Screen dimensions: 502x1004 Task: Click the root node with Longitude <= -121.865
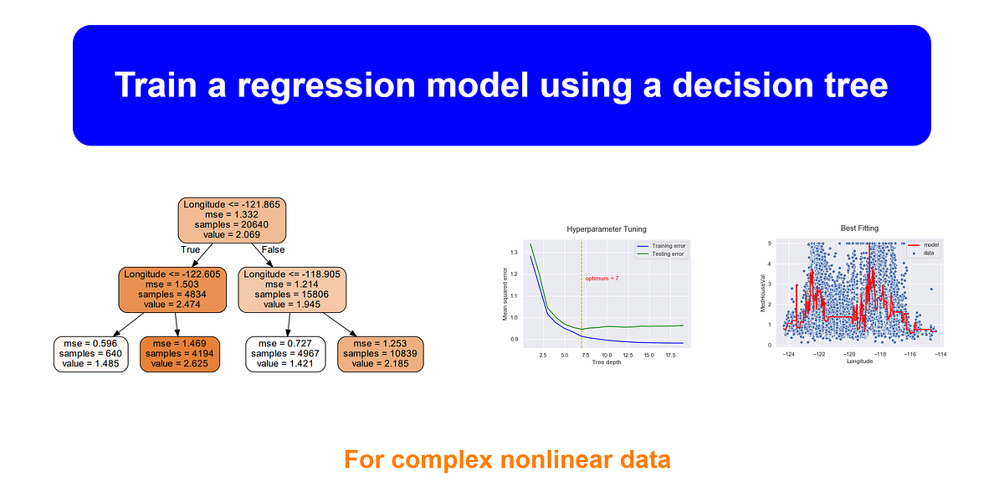(232, 220)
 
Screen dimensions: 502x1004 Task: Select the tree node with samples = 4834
(175, 289)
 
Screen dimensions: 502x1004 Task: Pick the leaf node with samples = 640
(91, 353)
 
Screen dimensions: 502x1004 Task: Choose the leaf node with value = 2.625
(180, 353)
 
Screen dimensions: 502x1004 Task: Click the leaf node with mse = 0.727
(286, 353)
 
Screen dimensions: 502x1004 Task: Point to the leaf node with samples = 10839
(380, 353)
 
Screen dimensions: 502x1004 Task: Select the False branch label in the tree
(273, 249)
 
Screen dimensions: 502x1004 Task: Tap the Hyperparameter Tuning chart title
(607, 229)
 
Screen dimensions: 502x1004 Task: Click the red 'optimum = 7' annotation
(602, 278)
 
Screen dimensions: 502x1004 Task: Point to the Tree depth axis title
(607, 362)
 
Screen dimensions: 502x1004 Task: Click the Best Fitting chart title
(859, 228)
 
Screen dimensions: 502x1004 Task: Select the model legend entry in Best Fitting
(924, 245)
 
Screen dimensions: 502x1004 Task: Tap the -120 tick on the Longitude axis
(849, 355)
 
